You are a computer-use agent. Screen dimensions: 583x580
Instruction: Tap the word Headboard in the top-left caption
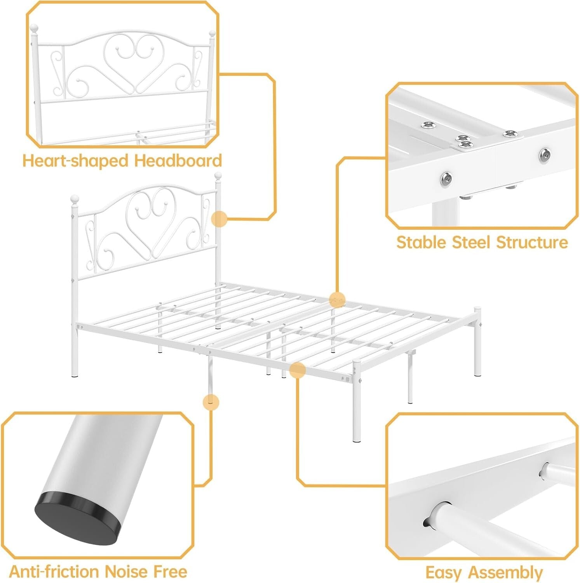coord(178,161)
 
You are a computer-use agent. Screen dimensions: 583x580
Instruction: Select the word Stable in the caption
coord(421,243)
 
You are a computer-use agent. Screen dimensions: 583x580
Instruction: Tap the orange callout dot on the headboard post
coord(219,219)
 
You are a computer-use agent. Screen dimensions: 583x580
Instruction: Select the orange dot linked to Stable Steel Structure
coord(337,300)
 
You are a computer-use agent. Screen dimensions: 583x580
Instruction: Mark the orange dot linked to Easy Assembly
coord(297,370)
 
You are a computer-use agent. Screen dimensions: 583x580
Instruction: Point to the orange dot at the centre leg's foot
coord(211,402)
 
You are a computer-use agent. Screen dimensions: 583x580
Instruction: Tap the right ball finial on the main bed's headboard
coord(218,175)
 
